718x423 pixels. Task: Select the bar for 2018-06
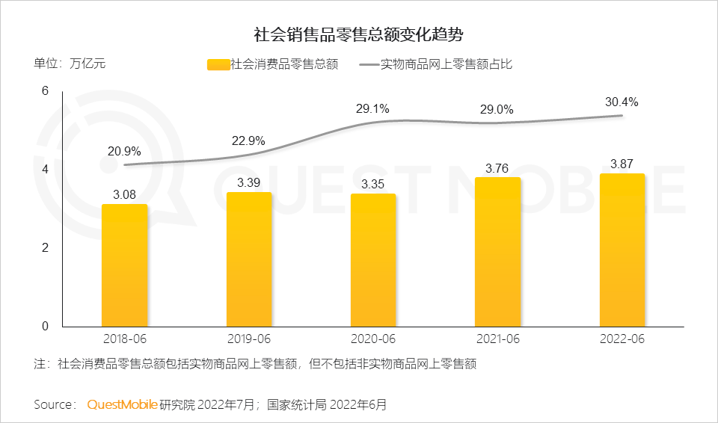click(x=125, y=265)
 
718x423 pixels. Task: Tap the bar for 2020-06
click(x=373, y=260)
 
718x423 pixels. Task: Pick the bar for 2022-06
click(x=622, y=250)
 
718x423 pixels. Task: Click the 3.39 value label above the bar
click(x=249, y=182)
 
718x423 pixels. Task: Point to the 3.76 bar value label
click(x=497, y=167)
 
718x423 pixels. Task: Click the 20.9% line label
click(x=124, y=151)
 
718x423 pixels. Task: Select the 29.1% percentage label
click(x=372, y=109)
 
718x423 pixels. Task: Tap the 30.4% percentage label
click(x=622, y=102)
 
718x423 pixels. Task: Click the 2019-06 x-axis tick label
click(x=248, y=339)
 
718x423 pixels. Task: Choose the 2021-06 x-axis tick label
click(x=497, y=339)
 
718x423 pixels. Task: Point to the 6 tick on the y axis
click(x=44, y=91)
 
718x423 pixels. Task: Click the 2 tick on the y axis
click(x=44, y=248)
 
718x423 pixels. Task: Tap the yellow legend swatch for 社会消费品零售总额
click(x=218, y=65)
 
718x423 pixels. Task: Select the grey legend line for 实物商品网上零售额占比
click(x=369, y=65)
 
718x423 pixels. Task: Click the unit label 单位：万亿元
click(x=70, y=64)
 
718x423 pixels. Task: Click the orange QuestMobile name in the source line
click(x=122, y=404)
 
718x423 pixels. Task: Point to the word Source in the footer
click(x=54, y=404)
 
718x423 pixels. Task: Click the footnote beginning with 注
click(x=255, y=365)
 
